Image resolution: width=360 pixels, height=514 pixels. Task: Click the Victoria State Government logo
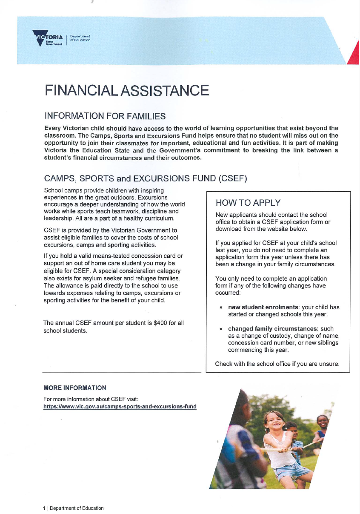coord(48,39)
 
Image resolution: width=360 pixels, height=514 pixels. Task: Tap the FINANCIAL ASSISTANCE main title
coord(126,91)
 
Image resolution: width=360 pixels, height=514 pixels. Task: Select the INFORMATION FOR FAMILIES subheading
coord(105,116)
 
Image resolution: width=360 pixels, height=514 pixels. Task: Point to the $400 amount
coord(161,323)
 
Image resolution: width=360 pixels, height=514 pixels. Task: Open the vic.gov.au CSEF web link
coord(120,407)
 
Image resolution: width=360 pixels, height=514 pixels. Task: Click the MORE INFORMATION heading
coord(74,388)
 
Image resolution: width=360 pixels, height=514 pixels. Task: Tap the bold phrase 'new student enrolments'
coord(263,307)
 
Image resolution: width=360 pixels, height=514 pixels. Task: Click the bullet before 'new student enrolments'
coord(220,307)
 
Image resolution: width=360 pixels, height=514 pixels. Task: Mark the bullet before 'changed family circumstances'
coord(220,329)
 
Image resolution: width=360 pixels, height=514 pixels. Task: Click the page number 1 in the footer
coord(44,508)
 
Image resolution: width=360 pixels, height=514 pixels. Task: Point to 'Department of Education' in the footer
coord(77,508)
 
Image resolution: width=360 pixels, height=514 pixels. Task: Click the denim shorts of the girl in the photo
coord(291,471)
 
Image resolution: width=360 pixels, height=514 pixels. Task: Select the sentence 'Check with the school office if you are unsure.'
coord(277,364)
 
